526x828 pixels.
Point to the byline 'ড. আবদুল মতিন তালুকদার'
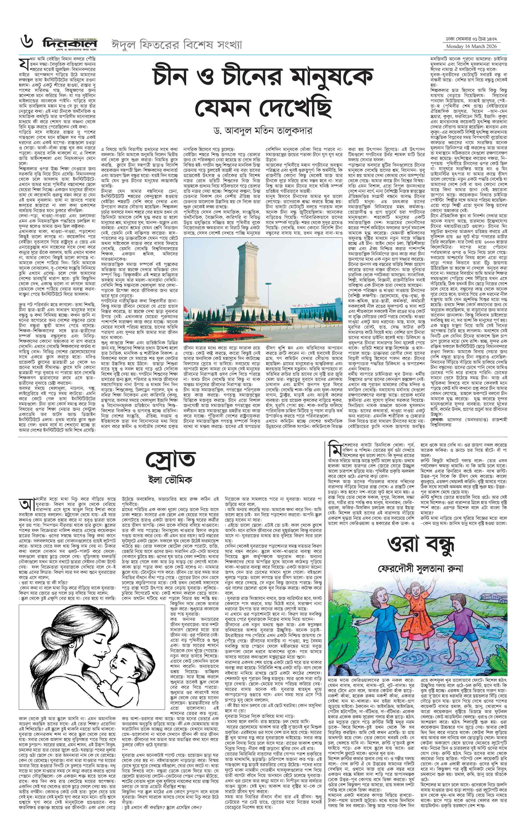pyautogui.click(x=263, y=131)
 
